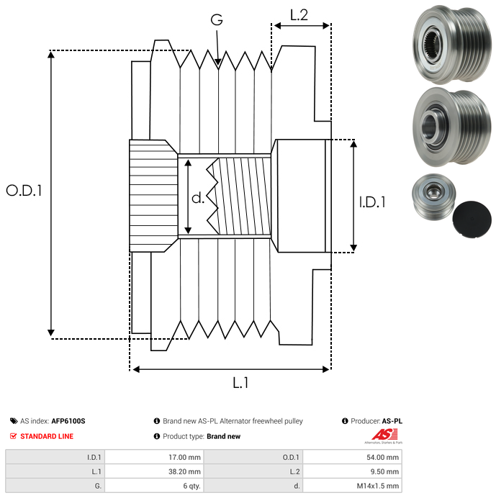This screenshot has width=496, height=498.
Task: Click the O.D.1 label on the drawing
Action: coord(24,190)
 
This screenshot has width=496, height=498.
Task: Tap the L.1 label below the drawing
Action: coord(240,383)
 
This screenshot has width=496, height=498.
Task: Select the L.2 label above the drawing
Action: coord(299,15)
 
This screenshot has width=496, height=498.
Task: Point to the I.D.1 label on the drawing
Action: coord(372,203)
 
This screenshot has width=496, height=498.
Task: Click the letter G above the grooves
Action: coord(216,20)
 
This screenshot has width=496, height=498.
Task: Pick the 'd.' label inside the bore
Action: coord(198,197)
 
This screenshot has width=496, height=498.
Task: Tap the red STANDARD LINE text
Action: coord(47,436)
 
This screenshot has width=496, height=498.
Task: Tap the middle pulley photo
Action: coord(448,127)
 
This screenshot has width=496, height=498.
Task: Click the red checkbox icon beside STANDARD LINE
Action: coord(13,436)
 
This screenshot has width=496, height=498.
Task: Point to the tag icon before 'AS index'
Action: coord(14,421)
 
